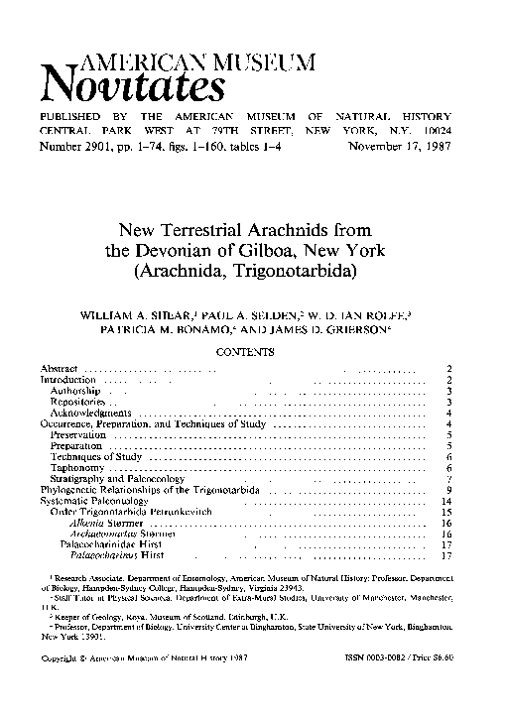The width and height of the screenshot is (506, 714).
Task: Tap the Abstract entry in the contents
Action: click(x=59, y=369)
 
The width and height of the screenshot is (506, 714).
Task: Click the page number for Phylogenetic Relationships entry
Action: click(x=449, y=490)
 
